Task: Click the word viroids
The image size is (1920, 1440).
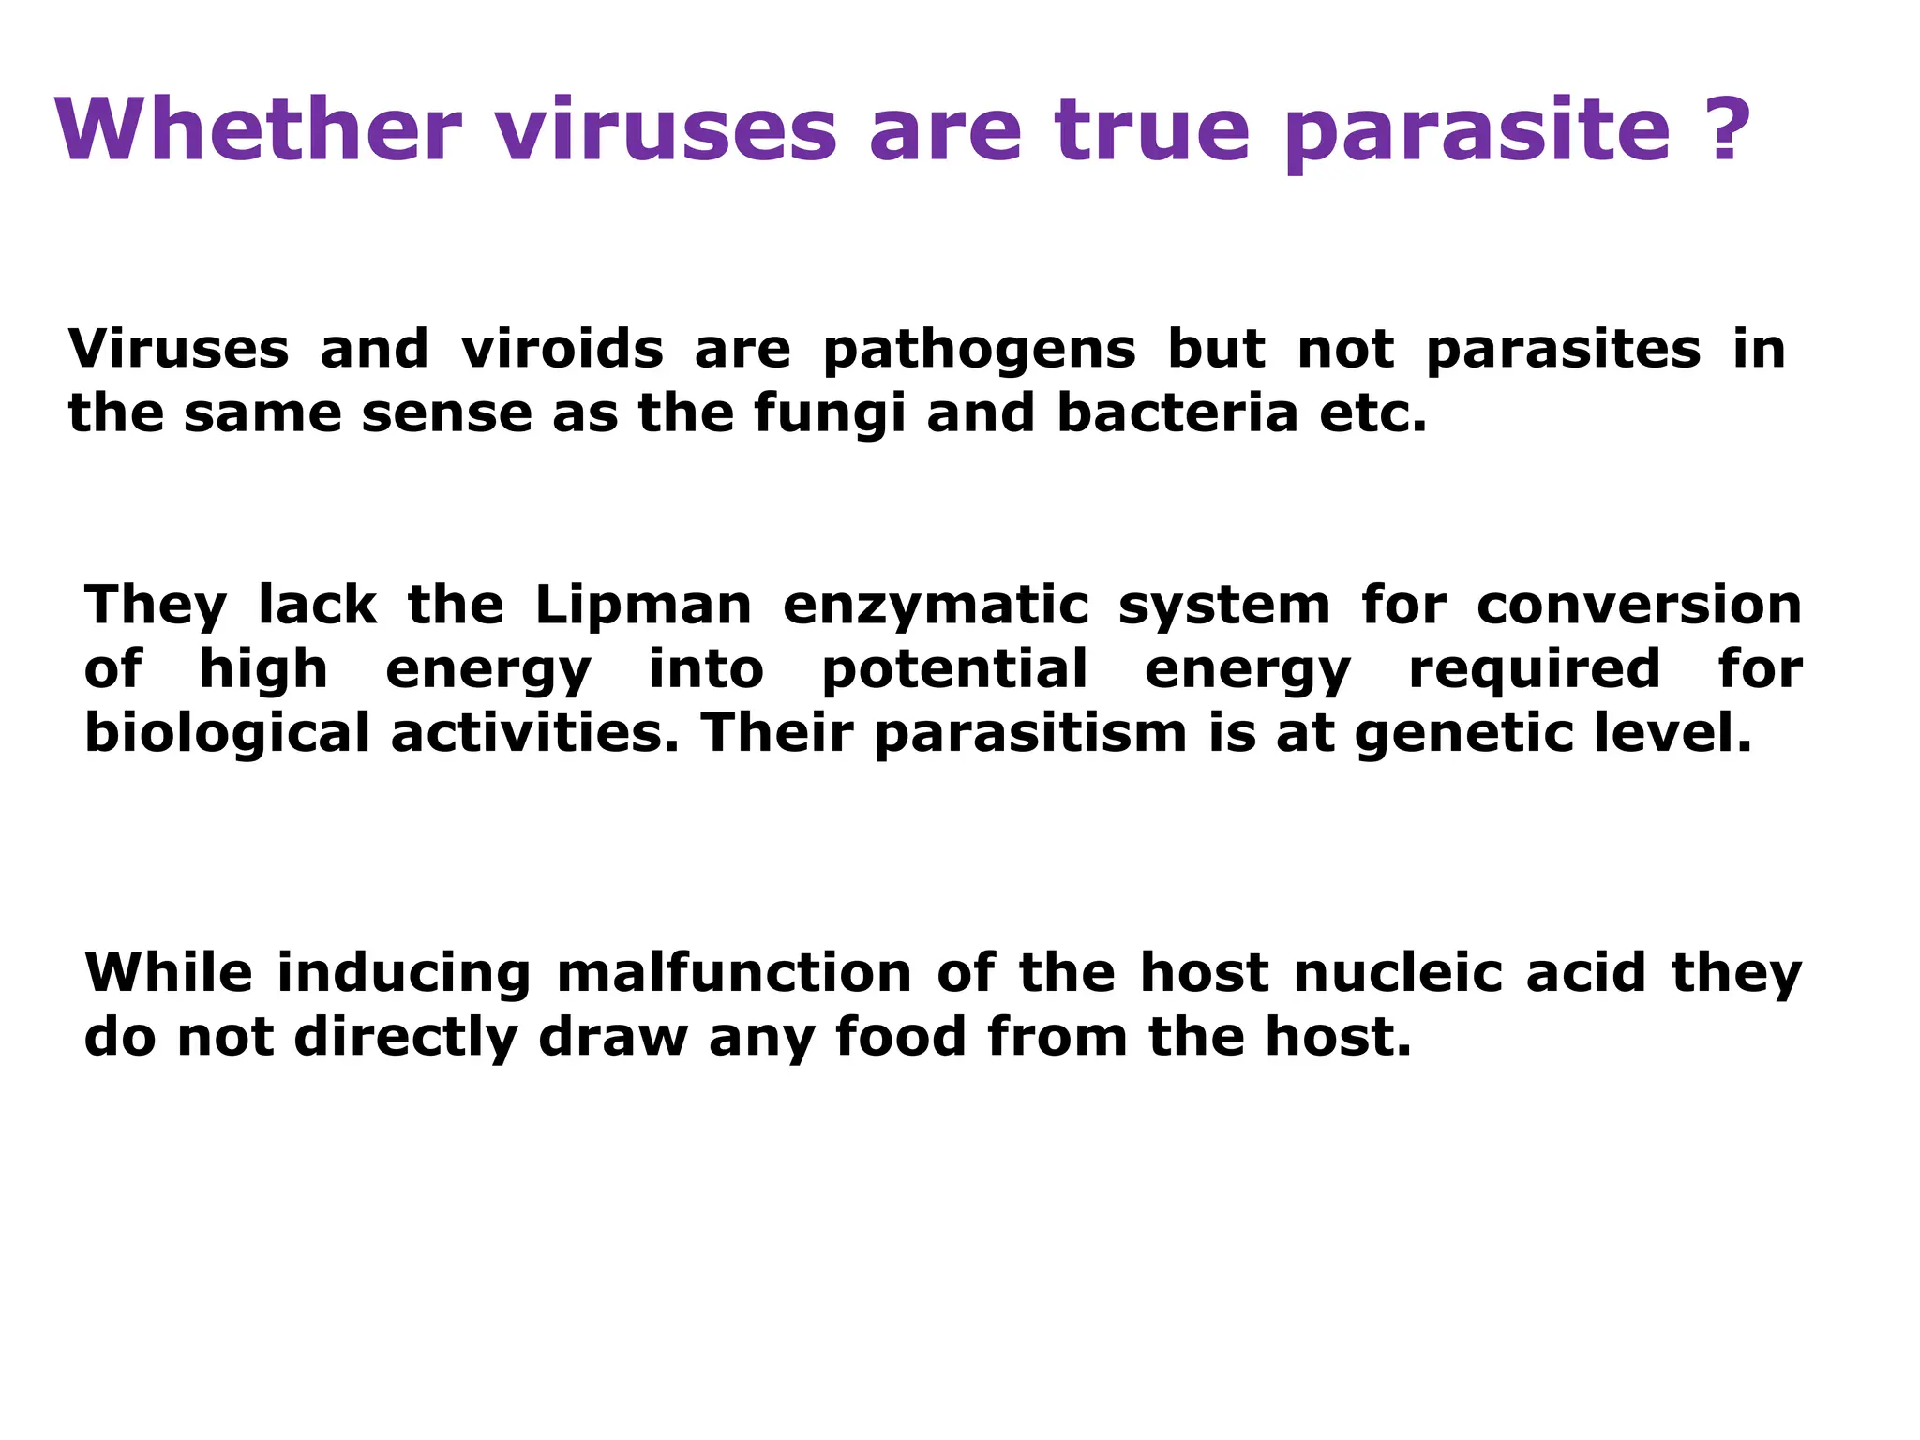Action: click(562, 349)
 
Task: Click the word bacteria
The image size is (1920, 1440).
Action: click(1177, 413)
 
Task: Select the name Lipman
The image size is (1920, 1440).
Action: click(643, 606)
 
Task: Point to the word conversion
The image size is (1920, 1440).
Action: click(1639, 606)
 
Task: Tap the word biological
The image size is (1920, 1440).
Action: click(228, 735)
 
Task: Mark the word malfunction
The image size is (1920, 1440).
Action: click(734, 973)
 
